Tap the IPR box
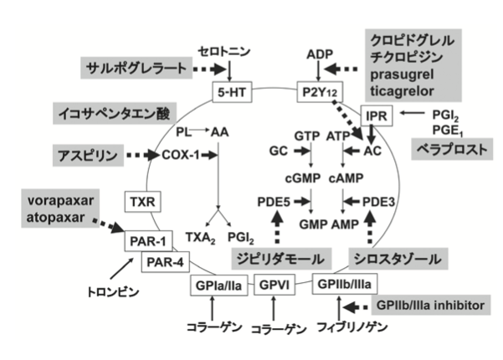click(x=372, y=113)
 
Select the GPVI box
click(x=271, y=285)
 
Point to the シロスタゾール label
click(x=393, y=255)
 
